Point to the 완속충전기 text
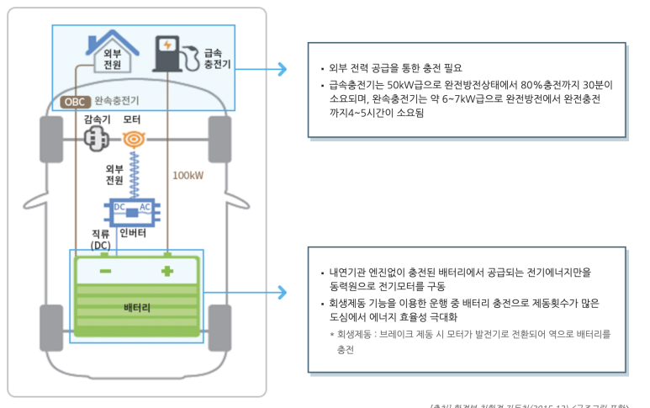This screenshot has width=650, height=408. coord(117,102)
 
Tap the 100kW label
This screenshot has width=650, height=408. coord(188,177)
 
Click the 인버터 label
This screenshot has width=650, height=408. coord(134,232)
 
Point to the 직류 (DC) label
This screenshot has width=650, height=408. coord(101,239)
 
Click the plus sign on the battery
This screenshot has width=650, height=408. coord(167,270)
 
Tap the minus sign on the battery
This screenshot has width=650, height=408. coord(105,271)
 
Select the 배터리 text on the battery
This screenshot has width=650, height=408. coord(136,308)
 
